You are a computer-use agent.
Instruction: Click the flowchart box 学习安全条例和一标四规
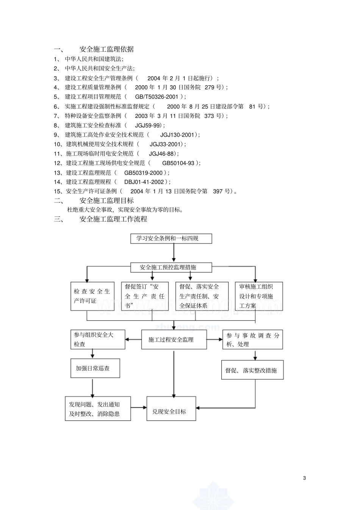pos(171,239)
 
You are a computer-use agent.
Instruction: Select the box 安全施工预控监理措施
pos(171,267)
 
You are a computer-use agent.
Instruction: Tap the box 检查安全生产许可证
pos(92,296)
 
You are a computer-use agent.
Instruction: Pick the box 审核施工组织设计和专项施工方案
pos(258,296)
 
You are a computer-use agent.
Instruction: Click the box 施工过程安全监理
pos(174,339)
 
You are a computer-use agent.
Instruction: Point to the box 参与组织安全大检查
pos(98,339)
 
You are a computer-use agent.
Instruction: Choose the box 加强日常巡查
pos(93,368)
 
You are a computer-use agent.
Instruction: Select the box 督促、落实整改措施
pos(252,370)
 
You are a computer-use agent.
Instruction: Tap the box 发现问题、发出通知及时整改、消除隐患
pos(98,409)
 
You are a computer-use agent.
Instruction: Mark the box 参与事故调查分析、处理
pos(252,339)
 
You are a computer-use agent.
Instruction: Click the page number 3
pos(304,478)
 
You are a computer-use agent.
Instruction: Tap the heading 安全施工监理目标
pos(106,201)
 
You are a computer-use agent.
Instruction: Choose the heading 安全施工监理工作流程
pos(113,219)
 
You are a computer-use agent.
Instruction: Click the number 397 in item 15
pos(218,191)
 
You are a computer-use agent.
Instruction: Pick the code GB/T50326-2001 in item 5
pos(157,97)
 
